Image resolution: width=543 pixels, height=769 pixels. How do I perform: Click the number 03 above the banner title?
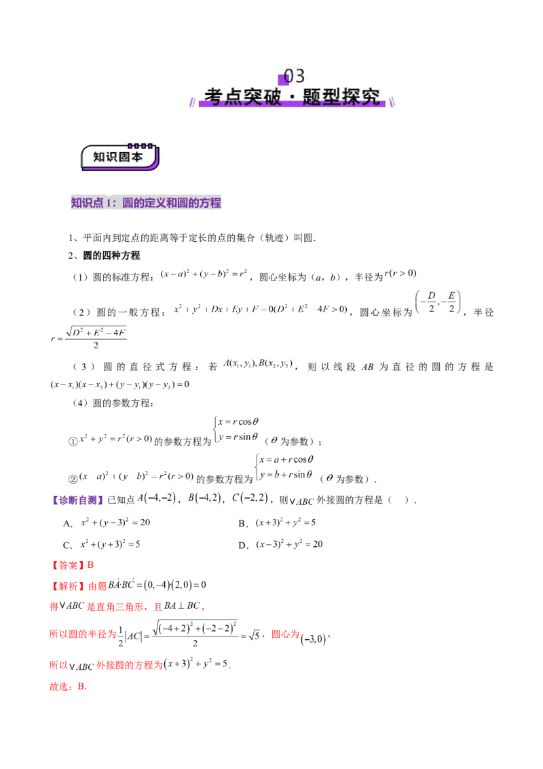[x=295, y=75]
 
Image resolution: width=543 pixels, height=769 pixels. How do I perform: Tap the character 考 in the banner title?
[x=214, y=96]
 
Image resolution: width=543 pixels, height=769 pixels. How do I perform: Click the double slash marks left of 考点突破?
[x=193, y=101]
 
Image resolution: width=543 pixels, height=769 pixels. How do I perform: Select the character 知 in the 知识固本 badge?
[x=98, y=157]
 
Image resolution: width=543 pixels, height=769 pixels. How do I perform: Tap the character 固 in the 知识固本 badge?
[x=124, y=157]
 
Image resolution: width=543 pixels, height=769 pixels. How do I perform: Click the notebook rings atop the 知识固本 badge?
[x=141, y=145]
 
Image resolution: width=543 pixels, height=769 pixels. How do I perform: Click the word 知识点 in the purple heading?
[x=87, y=202]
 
